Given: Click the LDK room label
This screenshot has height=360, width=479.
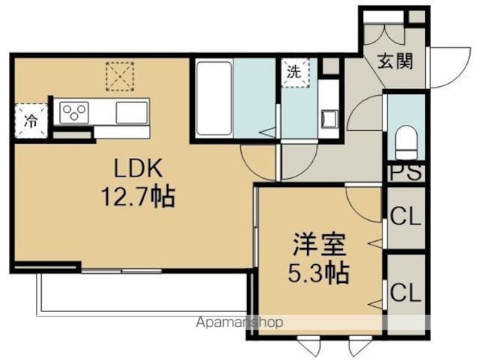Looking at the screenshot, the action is [138, 168].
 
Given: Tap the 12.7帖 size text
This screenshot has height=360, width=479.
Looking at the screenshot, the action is [138, 197].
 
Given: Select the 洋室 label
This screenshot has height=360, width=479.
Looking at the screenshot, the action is [320, 245].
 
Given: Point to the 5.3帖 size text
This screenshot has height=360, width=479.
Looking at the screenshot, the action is [319, 273].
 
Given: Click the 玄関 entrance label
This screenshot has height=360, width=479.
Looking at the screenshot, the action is [395, 61].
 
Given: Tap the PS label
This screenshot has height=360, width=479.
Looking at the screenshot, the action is [406, 173].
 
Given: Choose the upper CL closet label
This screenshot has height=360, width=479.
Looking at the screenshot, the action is [406, 217].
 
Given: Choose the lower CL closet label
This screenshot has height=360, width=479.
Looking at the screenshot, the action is [406, 293].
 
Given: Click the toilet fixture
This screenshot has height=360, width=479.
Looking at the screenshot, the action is [406, 142].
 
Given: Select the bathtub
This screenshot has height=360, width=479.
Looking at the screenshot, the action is [214, 98].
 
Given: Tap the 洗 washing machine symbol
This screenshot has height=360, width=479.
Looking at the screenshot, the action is [295, 73].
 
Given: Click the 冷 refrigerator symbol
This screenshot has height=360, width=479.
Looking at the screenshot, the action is [31, 120].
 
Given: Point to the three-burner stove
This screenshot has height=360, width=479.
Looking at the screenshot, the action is [74, 112].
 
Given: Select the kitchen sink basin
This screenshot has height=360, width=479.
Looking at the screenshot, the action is [132, 112].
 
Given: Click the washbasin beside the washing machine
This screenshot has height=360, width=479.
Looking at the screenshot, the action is [329, 119].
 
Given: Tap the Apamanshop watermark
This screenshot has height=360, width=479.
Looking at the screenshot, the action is [239, 322].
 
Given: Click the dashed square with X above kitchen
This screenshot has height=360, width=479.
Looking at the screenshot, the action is [120, 76].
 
